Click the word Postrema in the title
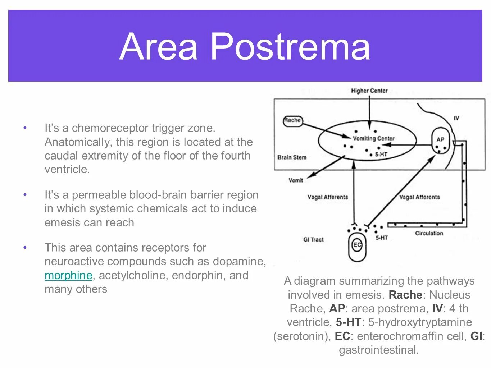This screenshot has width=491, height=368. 290,47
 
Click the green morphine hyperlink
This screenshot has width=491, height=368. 68,275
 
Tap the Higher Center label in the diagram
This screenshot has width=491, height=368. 369,91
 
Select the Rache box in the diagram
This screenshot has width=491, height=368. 292,120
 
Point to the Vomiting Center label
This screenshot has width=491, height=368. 373,138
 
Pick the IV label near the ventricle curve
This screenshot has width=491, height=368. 456,118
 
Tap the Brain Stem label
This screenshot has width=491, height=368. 292,157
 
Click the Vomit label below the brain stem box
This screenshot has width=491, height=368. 296,180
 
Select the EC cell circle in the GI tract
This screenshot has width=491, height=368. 357,245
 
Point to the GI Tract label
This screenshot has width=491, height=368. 313,239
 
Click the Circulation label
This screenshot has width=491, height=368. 429,233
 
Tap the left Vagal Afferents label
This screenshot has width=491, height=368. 328,197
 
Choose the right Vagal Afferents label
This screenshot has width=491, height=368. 419,197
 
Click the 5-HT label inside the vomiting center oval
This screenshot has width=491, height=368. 381,155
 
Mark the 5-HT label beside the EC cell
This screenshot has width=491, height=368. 382,238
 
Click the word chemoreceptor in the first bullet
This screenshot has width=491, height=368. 110,128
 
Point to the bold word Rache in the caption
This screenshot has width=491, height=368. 405,295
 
